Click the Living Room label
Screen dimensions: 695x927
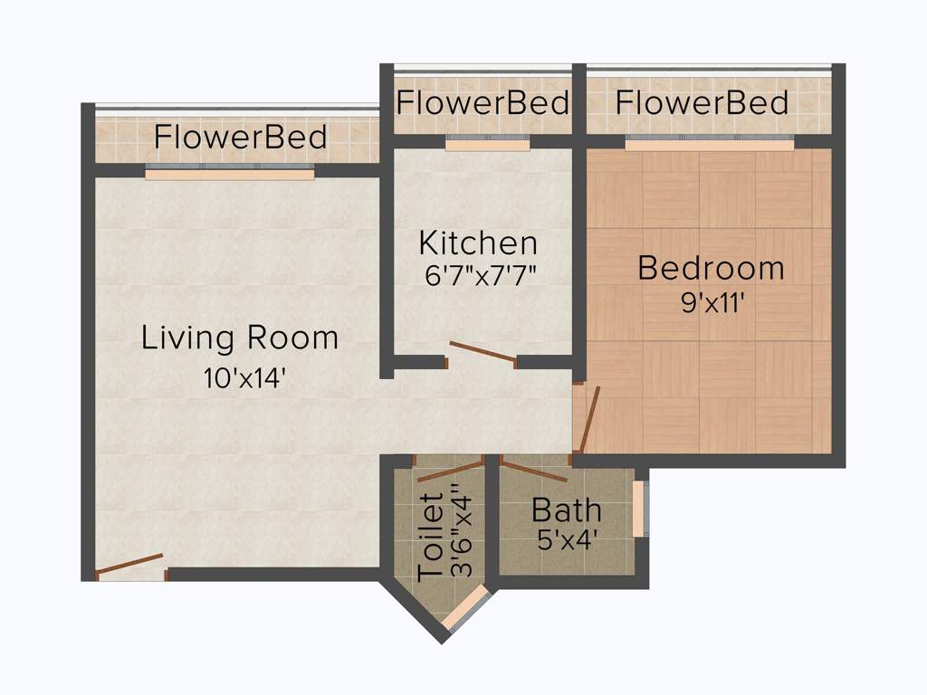click(x=240, y=338)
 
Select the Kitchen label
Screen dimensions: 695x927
click(x=478, y=243)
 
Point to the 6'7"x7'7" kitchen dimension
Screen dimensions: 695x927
click(x=482, y=275)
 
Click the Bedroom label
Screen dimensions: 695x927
click(x=711, y=268)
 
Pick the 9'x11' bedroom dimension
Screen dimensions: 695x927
click(x=712, y=302)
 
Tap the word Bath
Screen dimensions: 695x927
click(x=566, y=510)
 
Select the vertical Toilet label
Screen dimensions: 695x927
click(x=431, y=536)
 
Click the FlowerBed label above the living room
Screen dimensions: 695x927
click(x=240, y=138)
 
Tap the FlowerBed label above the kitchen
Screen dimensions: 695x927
click(x=483, y=102)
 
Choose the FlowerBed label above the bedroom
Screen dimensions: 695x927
click(x=702, y=102)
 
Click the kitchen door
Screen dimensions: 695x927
click(x=483, y=353)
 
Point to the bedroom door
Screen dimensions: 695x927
click(x=589, y=419)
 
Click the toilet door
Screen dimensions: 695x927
click(x=450, y=471)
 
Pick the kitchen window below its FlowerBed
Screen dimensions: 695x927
click(x=487, y=143)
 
